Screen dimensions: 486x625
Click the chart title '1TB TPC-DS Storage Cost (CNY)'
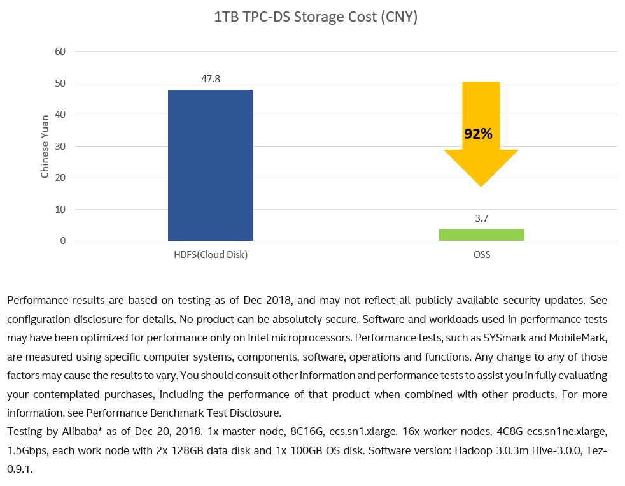tap(316, 17)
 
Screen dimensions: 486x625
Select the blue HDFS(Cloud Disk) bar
tap(210, 165)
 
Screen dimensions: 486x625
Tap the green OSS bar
tap(481, 235)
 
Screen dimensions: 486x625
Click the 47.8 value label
tap(210, 79)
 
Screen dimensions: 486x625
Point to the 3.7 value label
tap(481, 218)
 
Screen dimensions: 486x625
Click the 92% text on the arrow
tap(478, 134)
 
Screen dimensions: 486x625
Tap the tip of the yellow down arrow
tap(481, 185)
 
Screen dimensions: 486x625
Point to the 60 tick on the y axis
tap(61, 52)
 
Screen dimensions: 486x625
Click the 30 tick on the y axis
tap(61, 146)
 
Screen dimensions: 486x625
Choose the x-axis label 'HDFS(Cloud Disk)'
tap(210, 255)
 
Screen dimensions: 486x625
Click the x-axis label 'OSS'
tap(481, 255)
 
